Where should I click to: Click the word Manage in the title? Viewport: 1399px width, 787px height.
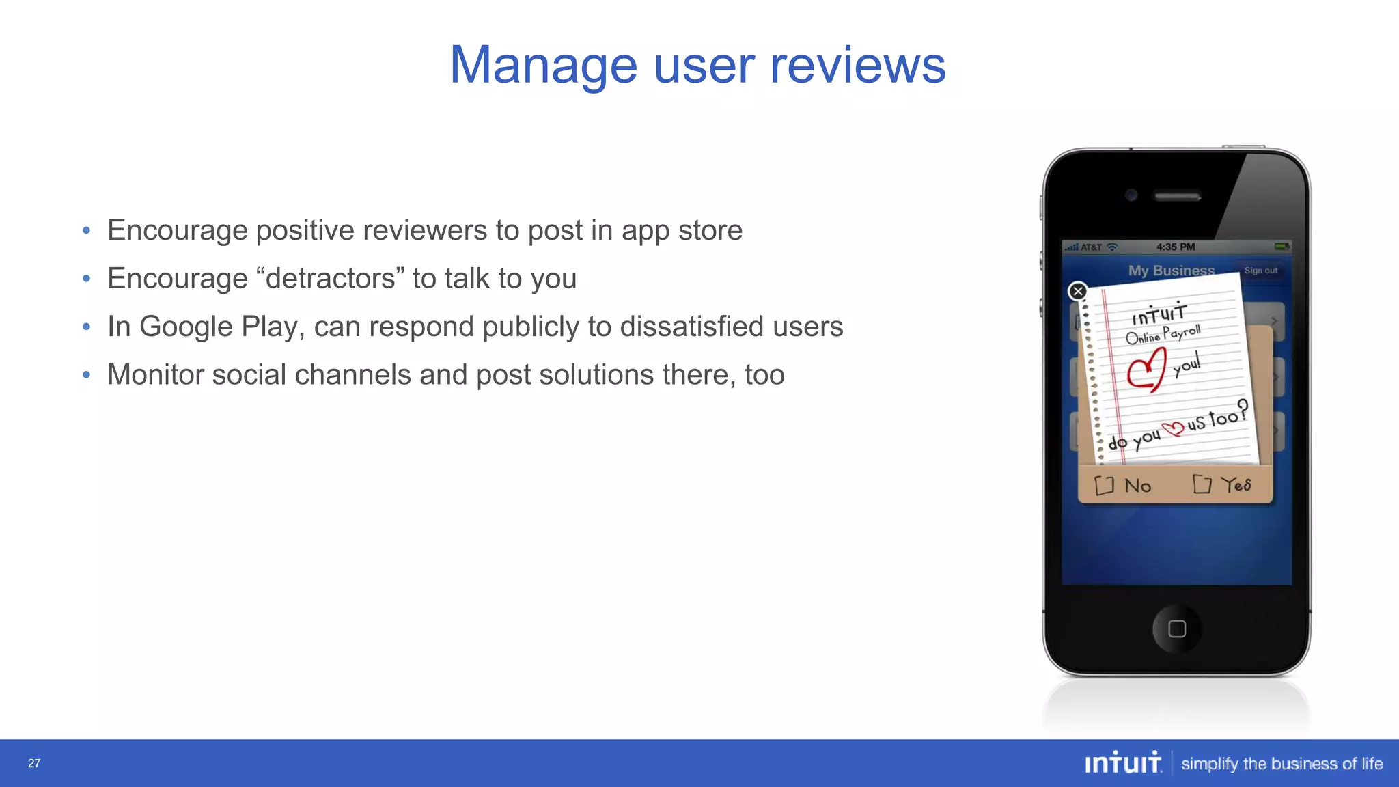[x=543, y=66]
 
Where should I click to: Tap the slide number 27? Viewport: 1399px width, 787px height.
[x=34, y=763]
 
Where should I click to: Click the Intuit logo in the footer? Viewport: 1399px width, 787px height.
[x=1123, y=762]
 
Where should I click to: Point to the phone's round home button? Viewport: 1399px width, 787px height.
[x=1176, y=629]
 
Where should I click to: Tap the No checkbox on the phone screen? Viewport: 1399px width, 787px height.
[x=1104, y=486]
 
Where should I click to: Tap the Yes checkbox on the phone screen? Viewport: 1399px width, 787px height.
[x=1202, y=484]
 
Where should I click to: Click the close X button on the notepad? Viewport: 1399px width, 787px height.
[x=1078, y=292]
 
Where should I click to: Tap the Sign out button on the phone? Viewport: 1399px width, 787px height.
[x=1260, y=271]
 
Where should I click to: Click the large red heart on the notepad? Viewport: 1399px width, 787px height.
[x=1147, y=370]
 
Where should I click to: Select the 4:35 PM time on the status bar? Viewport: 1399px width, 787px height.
[x=1176, y=247]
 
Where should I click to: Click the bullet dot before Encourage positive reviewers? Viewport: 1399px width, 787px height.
[x=86, y=231]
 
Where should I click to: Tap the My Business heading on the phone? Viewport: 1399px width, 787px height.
[x=1171, y=271]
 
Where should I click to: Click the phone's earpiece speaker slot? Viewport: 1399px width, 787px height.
[x=1177, y=196]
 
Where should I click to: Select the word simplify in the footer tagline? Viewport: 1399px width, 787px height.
[x=1209, y=764]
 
